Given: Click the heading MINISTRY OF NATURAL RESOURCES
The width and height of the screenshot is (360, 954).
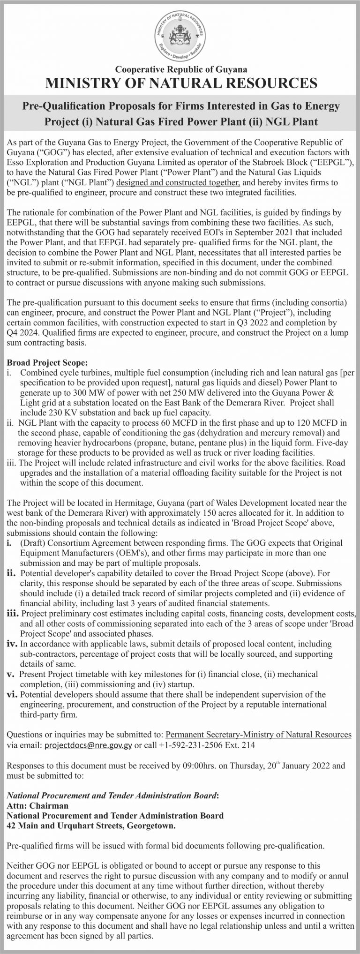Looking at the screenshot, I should (x=180, y=83).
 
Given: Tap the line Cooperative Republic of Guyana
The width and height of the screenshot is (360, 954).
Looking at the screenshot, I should (x=180, y=69).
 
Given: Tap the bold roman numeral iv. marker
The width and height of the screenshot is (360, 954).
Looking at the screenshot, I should (x=13, y=644).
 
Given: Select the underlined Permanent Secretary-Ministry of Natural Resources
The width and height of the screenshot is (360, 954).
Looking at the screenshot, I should (x=258, y=735).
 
